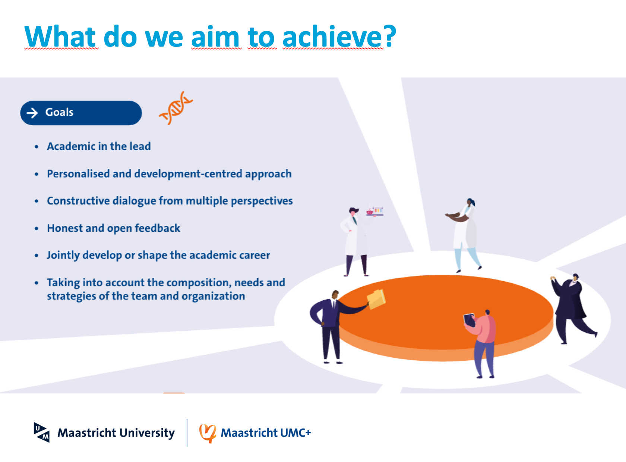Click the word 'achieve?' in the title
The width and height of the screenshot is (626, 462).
click(x=339, y=37)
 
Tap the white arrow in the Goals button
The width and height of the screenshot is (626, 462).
click(x=32, y=113)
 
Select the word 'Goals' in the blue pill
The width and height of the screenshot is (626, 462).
click(x=59, y=112)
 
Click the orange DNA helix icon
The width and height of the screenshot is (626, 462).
click(x=176, y=108)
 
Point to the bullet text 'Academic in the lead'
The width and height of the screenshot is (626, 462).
click(x=99, y=146)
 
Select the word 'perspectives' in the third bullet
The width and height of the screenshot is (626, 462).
click(x=262, y=201)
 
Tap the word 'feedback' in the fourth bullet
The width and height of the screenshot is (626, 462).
click(x=157, y=228)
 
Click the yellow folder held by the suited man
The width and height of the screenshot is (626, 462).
click(x=376, y=299)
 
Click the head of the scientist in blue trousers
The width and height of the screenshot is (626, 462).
click(x=471, y=202)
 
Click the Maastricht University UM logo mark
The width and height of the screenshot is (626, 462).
click(x=41, y=432)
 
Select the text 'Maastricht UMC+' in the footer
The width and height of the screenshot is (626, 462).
click(x=266, y=433)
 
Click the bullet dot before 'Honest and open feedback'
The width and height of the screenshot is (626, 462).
click(x=37, y=228)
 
